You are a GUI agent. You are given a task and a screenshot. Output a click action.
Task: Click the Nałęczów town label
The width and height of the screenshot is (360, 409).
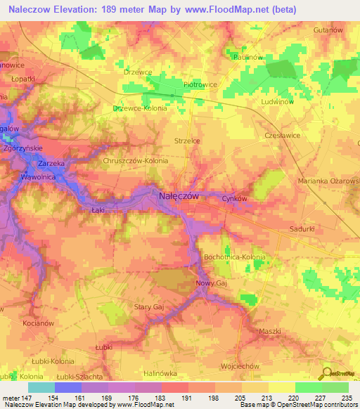pyautogui.click(x=178, y=197)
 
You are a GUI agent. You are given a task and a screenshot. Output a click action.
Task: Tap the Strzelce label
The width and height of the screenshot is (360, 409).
pyautogui.click(x=187, y=141)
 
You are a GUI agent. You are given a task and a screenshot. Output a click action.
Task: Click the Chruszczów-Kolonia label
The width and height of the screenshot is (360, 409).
pyautogui.click(x=136, y=161)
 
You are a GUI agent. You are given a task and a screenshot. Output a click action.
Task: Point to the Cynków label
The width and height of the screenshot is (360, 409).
pyautogui.click(x=235, y=199)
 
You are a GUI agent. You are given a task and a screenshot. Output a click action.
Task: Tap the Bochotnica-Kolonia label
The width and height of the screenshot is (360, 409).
pyautogui.click(x=234, y=257)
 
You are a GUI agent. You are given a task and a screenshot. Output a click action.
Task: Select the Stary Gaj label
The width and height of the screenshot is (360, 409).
pyautogui.click(x=148, y=307)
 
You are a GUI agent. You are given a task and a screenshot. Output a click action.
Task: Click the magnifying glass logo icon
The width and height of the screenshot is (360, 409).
pyautogui.click(x=326, y=374)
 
